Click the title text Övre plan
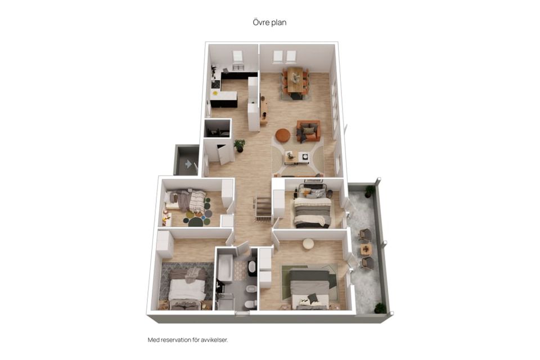tap(269, 22)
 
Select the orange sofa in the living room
tap(309, 131)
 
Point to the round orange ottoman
tap(283, 135)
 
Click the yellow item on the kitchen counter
tap(215, 93)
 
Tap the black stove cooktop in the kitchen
tap(215, 84)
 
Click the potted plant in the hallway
tap(240, 145)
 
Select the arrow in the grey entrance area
tap(188, 164)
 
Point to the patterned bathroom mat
tap(241, 271)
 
